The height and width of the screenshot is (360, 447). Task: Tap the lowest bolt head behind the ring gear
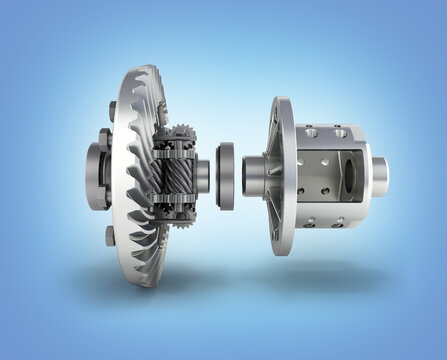pos(109,236)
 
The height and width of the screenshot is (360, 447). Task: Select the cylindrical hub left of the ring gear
pos(96,176)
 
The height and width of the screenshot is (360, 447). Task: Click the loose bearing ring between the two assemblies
pos(226,175)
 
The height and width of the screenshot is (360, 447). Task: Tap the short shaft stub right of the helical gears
pos(202,176)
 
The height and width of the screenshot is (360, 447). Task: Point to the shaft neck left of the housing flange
pos(252,175)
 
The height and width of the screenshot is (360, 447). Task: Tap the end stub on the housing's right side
pos(380,176)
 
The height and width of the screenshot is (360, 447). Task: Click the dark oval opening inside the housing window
pos(347,175)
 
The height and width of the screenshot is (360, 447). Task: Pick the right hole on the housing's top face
pos(341,132)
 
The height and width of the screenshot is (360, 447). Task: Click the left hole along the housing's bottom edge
pos(311,221)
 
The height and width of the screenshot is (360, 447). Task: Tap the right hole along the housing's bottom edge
pos(339,221)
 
